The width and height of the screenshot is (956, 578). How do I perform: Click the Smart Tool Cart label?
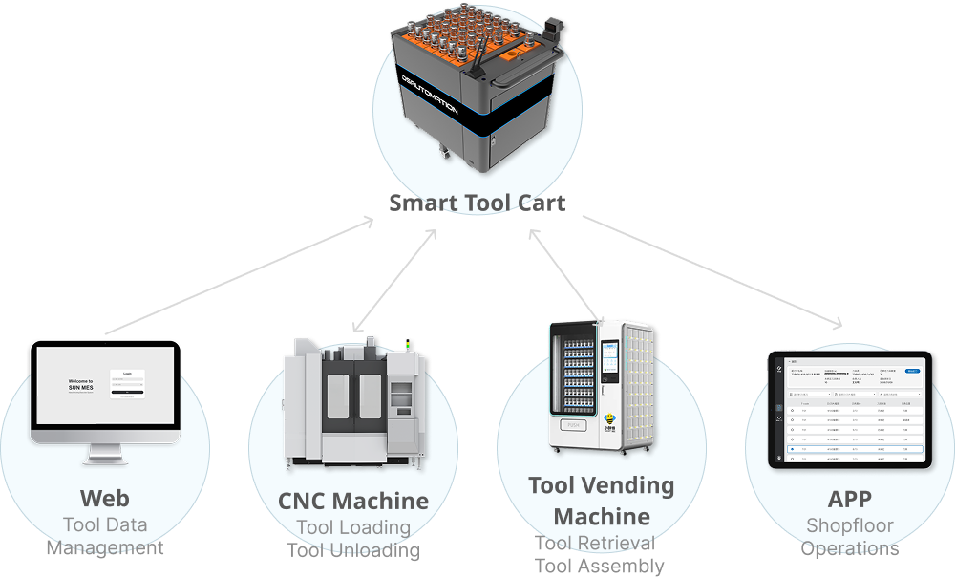pyautogui.click(x=477, y=203)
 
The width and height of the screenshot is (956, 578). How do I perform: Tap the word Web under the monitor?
pyautogui.click(x=105, y=498)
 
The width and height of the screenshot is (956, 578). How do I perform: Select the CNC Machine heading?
pyautogui.click(x=353, y=501)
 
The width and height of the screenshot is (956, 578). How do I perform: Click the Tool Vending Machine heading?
pyautogui.click(x=602, y=501)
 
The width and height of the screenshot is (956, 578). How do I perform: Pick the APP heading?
pyautogui.click(x=849, y=498)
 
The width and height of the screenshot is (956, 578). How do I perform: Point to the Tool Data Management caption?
pyautogui.click(x=105, y=536)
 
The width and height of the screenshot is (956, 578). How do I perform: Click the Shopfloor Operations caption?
pyautogui.click(x=849, y=536)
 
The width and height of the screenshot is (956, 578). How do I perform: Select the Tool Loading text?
pyautogui.click(x=353, y=527)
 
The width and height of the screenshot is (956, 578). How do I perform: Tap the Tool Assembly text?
pyautogui.click(x=599, y=566)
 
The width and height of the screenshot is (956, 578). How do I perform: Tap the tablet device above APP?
pyautogui.click(x=849, y=410)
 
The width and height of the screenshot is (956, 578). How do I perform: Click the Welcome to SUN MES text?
pyautogui.click(x=81, y=385)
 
